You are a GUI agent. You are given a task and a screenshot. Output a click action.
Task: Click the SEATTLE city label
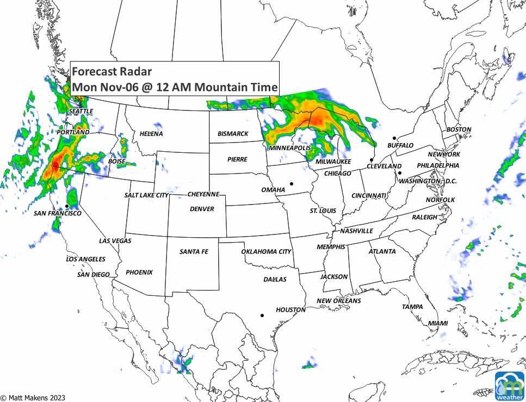coord(81,111)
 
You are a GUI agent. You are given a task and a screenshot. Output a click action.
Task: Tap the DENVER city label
coord(202,209)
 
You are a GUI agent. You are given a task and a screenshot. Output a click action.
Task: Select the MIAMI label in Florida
coord(438,323)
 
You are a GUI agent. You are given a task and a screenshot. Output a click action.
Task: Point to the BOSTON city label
coord(459,129)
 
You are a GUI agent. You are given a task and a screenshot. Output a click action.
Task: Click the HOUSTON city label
coord(290,310)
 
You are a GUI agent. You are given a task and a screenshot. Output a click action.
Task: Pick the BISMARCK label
coord(233,133)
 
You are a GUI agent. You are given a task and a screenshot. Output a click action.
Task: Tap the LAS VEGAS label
coord(115,240)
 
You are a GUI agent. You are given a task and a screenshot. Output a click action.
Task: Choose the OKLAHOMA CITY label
coord(266,251)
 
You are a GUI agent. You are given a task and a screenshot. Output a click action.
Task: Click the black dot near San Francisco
coord(67,206)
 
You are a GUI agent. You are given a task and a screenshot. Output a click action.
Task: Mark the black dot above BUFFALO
coord(394,138)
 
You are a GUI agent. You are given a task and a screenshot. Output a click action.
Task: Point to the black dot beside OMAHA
coord(292,184)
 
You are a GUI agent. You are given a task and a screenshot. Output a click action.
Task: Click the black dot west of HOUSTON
coord(262,315)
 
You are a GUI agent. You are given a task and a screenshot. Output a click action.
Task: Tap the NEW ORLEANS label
coord(338,301)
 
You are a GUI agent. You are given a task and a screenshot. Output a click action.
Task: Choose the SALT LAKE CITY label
coord(146,195)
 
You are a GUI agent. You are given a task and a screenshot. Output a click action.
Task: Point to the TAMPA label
coord(412,307)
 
